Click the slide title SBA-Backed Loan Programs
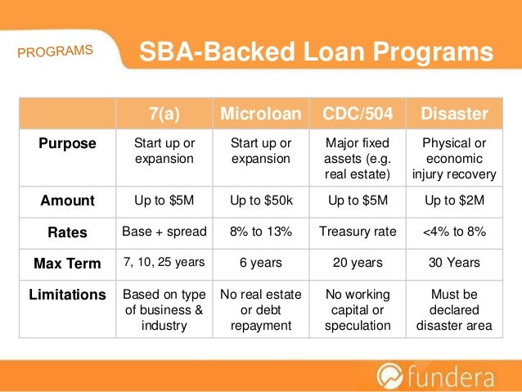[x=316, y=53]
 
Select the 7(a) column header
[x=164, y=113]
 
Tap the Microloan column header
[x=260, y=113]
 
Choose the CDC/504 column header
[x=358, y=113]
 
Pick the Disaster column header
[x=454, y=113]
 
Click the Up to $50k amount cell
[x=260, y=201]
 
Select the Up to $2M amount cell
[x=454, y=201]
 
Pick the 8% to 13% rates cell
[x=260, y=232]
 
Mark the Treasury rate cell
[x=358, y=232]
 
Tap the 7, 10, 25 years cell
[x=164, y=264]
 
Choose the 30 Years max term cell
[x=454, y=264]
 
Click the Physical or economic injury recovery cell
[x=454, y=158]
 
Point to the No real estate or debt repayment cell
[x=260, y=309]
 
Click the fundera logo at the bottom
[x=442, y=376]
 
